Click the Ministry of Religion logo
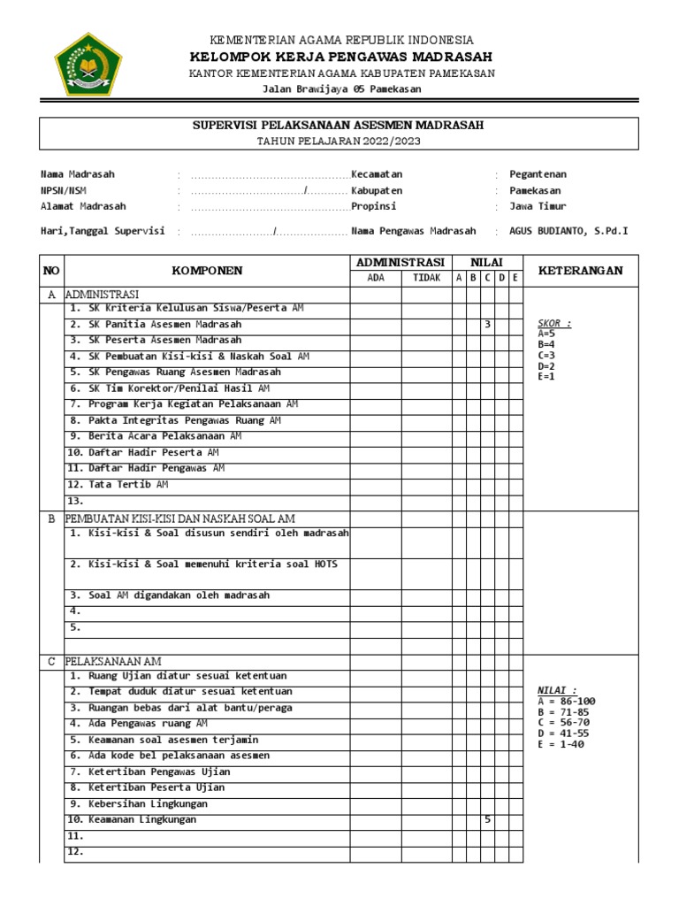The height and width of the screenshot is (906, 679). click(84, 64)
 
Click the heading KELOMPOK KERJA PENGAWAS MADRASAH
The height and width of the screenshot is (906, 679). click(340, 57)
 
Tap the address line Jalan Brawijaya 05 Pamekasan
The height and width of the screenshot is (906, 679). click(342, 89)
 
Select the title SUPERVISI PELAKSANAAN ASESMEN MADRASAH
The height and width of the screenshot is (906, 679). click(339, 126)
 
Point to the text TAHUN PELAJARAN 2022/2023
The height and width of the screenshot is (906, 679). click(339, 141)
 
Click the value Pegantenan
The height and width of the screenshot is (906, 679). click(538, 175)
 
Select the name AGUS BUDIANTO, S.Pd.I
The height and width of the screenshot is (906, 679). click(568, 231)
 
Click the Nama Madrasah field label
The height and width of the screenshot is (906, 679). click(78, 175)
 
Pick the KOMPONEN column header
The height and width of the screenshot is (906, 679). click(207, 271)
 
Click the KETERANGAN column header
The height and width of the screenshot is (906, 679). click(580, 271)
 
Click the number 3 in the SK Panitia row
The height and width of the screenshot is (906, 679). click(487, 325)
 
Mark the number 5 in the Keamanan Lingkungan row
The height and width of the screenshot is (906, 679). click(487, 820)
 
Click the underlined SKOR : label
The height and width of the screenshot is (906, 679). click(554, 324)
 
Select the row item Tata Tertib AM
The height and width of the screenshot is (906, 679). click(118, 485)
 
